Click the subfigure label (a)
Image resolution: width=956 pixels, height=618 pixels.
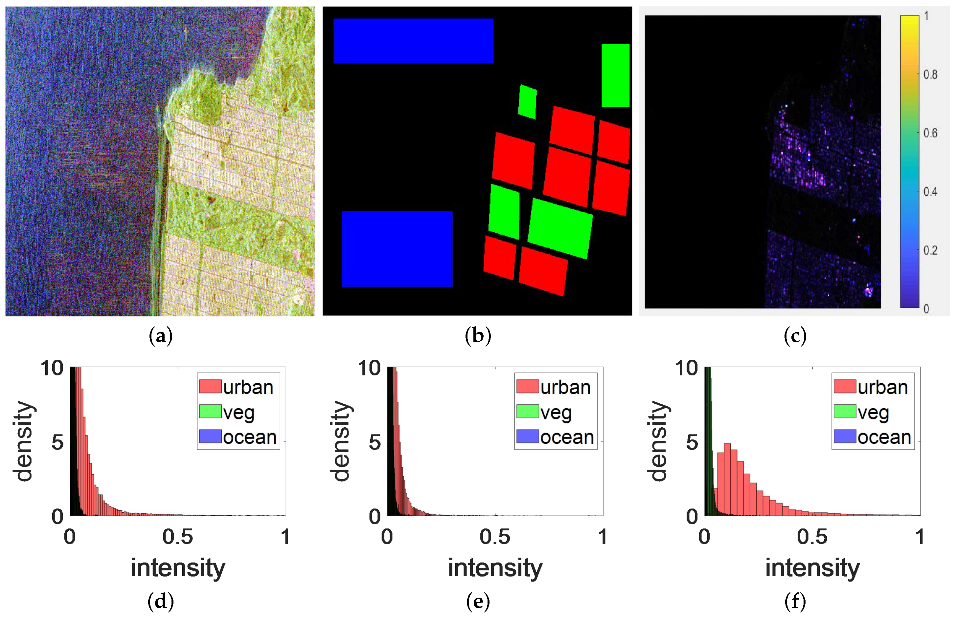point(161,336)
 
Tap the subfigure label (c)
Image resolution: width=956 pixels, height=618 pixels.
point(795,336)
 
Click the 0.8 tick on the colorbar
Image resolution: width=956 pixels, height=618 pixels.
point(930,75)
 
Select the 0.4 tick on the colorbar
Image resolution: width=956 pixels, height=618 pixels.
point(930,192)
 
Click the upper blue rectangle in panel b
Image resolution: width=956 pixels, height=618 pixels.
point(413,41)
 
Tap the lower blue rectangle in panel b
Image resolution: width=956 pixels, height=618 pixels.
point(397,249)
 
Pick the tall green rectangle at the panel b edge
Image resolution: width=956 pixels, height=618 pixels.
point(615,75)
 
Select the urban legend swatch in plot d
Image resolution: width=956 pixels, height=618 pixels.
point(210,386)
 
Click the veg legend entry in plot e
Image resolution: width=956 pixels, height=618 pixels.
point(556,412)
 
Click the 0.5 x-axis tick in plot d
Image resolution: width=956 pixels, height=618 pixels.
point(177,537)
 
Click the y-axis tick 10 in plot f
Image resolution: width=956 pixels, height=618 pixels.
point(687,368)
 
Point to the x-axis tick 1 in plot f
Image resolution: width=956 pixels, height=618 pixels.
point(920,537)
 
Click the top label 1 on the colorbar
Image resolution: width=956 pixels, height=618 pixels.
point(926,16)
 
